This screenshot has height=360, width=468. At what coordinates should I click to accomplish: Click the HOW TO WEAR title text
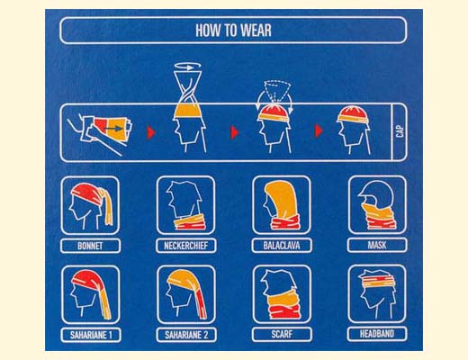point(233,31)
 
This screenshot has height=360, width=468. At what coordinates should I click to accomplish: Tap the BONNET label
point(90,246)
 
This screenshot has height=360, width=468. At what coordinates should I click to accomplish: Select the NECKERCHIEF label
point(186,246)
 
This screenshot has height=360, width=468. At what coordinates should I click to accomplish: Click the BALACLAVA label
point(282,246)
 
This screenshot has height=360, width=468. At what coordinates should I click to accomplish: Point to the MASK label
point(377,245)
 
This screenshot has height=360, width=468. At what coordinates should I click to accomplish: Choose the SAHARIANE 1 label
point(91,335)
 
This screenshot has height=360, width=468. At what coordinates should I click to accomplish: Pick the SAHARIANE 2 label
point(186,335)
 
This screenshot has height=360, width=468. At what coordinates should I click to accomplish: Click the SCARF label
point(282,334)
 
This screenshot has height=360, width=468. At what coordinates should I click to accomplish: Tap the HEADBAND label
point(377,334)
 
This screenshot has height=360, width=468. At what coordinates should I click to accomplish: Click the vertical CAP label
point(400,131)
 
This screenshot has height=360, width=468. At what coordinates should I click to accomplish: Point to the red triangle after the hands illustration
point(151,132)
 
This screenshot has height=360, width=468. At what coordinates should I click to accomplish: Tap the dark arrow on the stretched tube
point(113,129)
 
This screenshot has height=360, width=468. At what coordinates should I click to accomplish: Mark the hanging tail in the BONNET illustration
point(108,209)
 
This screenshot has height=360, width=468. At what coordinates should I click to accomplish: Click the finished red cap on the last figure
point(353,114)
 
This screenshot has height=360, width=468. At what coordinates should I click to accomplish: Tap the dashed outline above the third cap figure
point(275,91)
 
